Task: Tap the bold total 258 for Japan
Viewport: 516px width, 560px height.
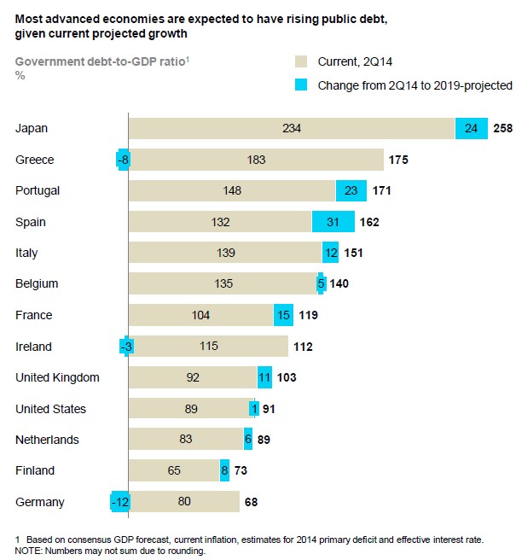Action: coord(503,129)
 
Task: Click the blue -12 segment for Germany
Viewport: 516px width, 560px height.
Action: coord(119,502)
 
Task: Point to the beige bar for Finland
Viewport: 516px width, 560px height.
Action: coord(174,470)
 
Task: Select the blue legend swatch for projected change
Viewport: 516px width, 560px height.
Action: coord(301,85)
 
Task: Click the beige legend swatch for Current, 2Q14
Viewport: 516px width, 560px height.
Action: coord(301,61)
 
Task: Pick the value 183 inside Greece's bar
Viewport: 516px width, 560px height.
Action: coord(256,160)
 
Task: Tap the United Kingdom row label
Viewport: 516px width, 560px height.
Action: coord(57,377)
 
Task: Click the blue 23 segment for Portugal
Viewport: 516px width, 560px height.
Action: coord(351,190)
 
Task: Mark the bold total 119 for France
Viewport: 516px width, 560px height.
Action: coord(309,315)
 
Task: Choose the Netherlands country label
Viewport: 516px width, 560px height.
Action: coord(48,440)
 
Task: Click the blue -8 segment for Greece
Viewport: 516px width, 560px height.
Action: coord(122,160)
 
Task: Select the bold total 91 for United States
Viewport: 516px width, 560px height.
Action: coord(269,409)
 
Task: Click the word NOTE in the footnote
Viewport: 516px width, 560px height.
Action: coord(30,551)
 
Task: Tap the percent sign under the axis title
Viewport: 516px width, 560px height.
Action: coord(20,75)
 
